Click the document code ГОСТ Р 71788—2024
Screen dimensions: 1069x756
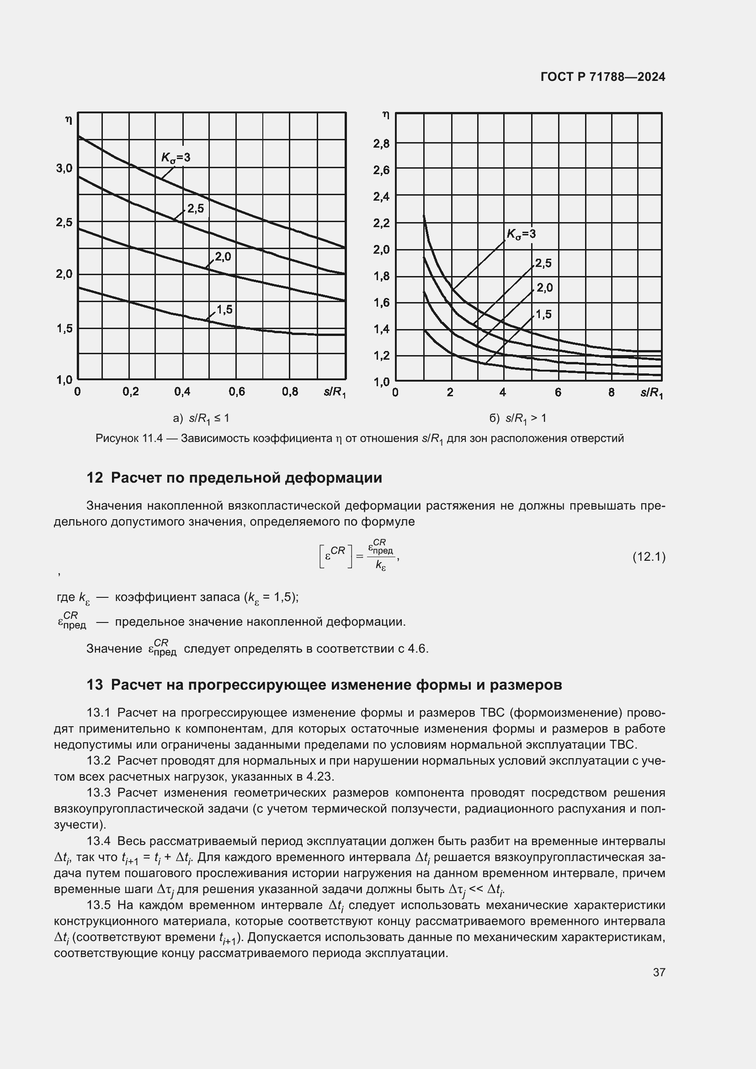[x=602, y=77]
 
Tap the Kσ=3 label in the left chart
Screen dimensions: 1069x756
[x=176, y=157]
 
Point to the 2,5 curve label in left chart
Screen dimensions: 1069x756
[x=196, y=208]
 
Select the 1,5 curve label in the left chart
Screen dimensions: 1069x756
[x=224, y=309]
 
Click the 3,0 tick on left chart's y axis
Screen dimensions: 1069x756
[x=64, y=168]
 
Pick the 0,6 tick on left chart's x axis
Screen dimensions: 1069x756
[x=236, y=392]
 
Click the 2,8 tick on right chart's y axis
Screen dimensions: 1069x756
[x=381, y=144]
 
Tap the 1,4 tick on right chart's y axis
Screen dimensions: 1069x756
[x=381, y=330]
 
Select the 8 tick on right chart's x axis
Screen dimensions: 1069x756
[x=611, y=393]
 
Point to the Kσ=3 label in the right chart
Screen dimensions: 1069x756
[x=521, y=234]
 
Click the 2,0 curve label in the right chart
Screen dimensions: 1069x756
[x=544, y=288]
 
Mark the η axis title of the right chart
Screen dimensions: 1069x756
[x=385, y=115]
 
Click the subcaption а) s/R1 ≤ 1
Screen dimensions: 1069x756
[x=201, y=418]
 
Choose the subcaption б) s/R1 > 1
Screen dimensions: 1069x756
[x=518, y=418]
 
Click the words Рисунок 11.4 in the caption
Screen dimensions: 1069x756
[x=128, y=438]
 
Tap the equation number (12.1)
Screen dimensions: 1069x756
[x=649, y=557]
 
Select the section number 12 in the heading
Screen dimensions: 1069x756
[x=95, y=478]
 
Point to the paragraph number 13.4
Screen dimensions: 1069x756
[x=99, y=841]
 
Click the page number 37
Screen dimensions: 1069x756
[x=659, y=972]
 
